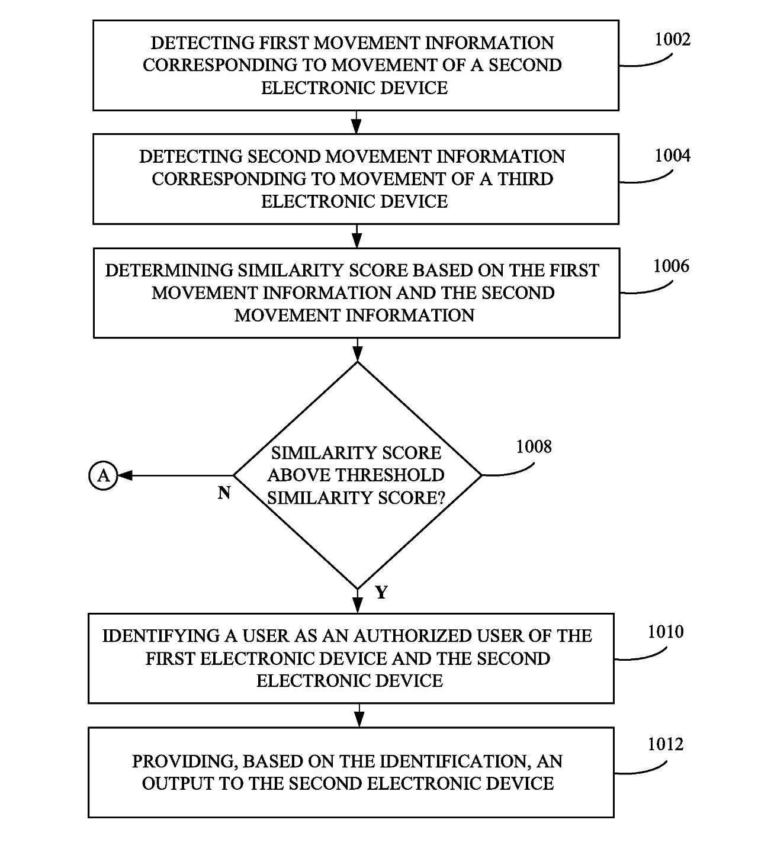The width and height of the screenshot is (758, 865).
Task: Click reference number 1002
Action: [673, 39]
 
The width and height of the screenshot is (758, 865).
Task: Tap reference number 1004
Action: [673, 155]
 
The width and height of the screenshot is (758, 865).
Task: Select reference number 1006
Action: [671, 266]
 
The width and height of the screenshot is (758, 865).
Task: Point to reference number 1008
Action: [534, 446]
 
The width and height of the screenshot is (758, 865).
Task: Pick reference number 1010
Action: [666, 632]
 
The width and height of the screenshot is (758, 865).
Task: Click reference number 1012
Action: [666, 744]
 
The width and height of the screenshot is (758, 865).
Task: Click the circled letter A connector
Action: [103, 475]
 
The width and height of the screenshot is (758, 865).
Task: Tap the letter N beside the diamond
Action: [224, 493]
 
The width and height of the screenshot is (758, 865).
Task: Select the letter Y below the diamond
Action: [381, 592]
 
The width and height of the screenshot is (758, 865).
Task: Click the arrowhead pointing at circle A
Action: [124, 475]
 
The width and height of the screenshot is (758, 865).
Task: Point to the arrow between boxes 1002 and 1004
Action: [356, 122]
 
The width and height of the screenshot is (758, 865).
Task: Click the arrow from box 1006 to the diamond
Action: [358, 350]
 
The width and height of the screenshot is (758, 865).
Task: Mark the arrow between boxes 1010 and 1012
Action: [359, 715]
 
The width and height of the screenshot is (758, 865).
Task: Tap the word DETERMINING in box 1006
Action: [169, 270]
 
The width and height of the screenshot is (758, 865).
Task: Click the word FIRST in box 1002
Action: [284, 43]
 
